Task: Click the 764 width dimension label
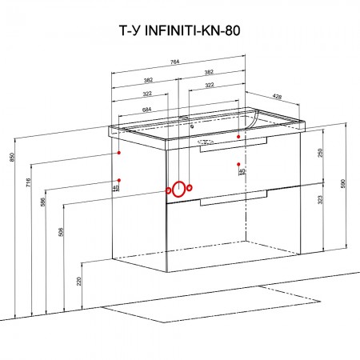[174, 62]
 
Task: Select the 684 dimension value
[146, 110]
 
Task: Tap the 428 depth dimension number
[277, 97]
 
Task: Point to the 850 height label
[11, 157]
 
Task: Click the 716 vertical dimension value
[29, 182]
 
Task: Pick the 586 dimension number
[43, 202]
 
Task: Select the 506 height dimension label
[61, 232]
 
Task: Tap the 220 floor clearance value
[79, 281]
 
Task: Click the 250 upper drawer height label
[321, 153]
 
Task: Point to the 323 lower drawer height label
[321, 200]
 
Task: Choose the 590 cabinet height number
[343, 183]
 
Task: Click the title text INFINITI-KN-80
[192, 30]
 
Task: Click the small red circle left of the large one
[168, 190]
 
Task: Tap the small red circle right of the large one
[190, 188]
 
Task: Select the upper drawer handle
[234, 145]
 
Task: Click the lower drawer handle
[234, 198]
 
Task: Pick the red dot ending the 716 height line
[119, 153]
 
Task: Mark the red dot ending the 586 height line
[119, 180]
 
